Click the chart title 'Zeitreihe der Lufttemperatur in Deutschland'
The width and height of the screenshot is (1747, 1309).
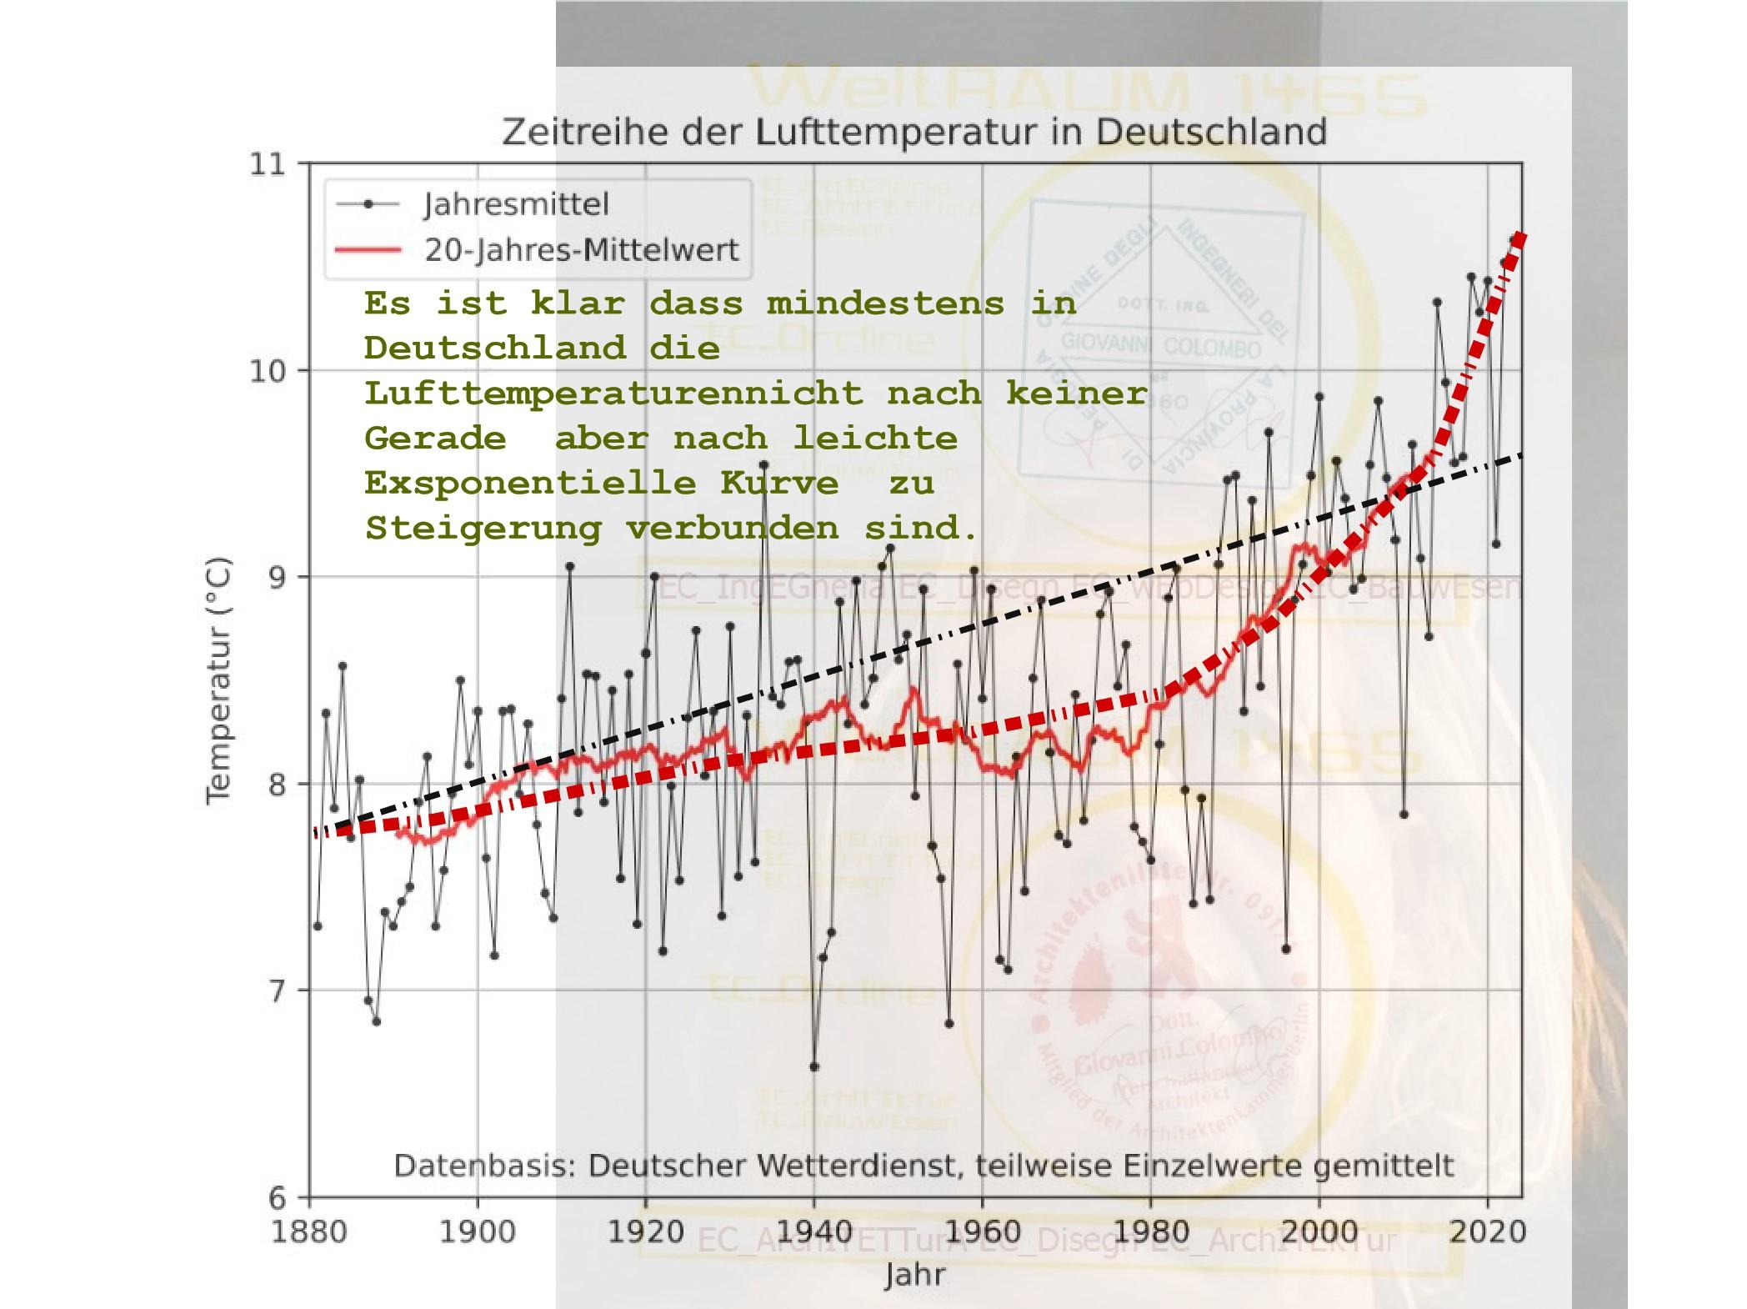click(x=914, y=133)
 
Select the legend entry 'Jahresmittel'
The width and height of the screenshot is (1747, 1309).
click(x=516, y=204)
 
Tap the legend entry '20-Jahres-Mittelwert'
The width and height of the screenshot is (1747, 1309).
click(x=581, y=250)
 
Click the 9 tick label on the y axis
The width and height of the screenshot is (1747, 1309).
click(x=275, y=577)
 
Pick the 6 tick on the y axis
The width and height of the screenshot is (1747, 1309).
click(x=275, y=1198)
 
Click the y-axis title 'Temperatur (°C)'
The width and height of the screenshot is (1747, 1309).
click(x=218, y=680)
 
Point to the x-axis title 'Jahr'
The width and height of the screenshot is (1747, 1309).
click(x=914, y=1274)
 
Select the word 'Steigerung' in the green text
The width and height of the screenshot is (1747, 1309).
click(x=483, y=529)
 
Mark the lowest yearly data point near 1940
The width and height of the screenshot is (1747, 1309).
click(x=814, y=1067)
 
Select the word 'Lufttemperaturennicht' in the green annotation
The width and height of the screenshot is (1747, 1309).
click(x=613, y=394)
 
